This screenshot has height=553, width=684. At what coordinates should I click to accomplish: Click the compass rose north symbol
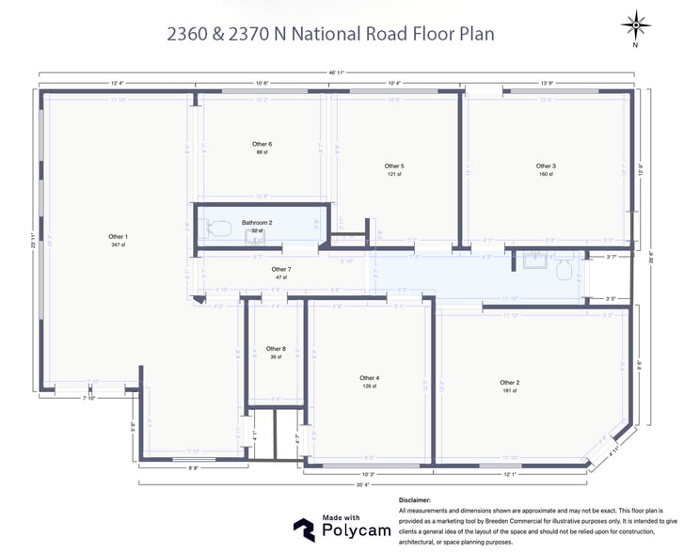(x=635, y=24)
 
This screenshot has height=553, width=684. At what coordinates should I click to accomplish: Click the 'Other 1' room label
(x=118, y=236)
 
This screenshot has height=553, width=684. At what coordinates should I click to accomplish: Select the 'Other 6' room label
(x=262, y=144)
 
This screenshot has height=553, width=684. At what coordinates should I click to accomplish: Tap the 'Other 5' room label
(x=393, y=166)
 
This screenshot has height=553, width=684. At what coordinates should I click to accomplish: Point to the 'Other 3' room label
(x=546, y=166)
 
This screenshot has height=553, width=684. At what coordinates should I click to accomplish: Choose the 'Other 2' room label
(x=509, y=383)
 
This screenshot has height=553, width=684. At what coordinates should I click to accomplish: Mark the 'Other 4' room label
(x=369, y=378)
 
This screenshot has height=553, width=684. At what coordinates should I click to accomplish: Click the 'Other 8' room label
(x=276, y=348)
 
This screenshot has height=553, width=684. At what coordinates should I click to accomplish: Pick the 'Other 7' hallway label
(x=281, y=269)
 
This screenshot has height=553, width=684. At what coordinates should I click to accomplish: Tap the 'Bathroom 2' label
(x=257, y=223)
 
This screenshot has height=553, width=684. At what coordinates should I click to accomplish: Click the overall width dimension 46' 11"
(x=337, y=72)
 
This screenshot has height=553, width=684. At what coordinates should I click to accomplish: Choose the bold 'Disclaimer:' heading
(x=415, y=500)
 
